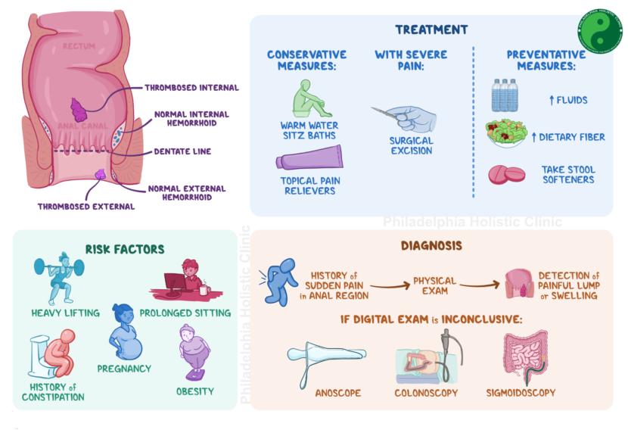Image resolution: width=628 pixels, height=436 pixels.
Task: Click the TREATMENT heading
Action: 431,30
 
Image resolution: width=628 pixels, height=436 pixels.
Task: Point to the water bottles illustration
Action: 505,95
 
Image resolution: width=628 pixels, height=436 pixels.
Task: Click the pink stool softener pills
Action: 506,175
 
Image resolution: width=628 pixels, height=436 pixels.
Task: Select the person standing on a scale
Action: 194,351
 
